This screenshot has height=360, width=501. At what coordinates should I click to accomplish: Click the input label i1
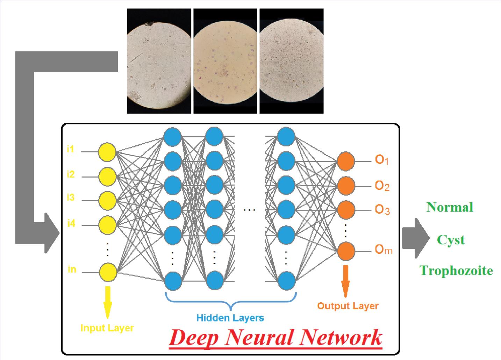[71, 150]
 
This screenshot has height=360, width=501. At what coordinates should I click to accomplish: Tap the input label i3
[71, 198]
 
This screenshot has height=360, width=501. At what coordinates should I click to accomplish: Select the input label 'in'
[72, 269]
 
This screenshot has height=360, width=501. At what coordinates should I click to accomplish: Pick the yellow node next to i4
[107, 224]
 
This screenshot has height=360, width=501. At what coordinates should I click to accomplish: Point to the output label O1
[382, 160]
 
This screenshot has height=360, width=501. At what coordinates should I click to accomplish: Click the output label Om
[384, 250]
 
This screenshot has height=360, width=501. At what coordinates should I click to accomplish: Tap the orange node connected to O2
[346, 186]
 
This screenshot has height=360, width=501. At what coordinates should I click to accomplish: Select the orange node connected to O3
[346, 210]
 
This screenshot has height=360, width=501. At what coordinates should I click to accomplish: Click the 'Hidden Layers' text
[230, 318]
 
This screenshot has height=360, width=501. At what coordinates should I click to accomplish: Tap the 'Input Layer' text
[107, 328]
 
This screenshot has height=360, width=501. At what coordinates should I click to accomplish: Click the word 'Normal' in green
[450, 207]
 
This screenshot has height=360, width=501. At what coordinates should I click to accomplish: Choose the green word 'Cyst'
[451, 240]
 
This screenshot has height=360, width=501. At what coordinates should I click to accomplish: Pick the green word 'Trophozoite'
[456, 271]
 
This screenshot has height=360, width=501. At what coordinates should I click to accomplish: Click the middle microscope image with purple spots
[226, 61]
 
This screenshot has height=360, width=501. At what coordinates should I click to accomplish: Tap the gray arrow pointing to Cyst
[415, 238]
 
